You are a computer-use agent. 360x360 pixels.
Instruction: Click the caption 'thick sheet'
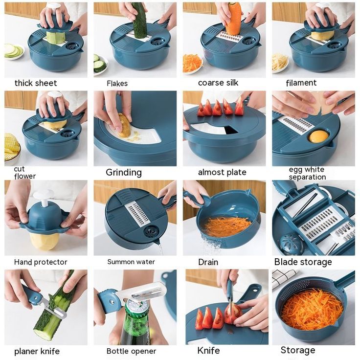pyautogui.click(x=36, y=83)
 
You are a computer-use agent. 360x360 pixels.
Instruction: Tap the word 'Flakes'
pyautogui.click(x=117, y=83)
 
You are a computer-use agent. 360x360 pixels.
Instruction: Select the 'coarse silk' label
pyautogui.click(x=218, y=83)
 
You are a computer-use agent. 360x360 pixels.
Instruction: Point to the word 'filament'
pyautogui.click(x=301, y=83)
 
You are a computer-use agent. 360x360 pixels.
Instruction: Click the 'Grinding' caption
pyautogui.click(x=124, y=173)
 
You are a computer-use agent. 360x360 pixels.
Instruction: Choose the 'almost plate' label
pyautogui.click(x=222, y=172)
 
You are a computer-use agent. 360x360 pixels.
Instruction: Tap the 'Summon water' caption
pyautogui.click(x=131, y=262)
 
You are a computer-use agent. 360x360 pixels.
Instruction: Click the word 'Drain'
pyautogui.click(x=208, y=262)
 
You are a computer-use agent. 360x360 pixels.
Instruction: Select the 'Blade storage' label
pyautogui.click(x=303, y=262)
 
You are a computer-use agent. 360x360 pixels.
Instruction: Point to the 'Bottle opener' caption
pyautogui.click(x=131, y=351)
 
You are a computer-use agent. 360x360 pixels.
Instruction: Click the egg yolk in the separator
pyautogui.click(x=318, y=136)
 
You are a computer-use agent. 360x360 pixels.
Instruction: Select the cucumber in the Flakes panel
pyautogui.click(x=139, y=20)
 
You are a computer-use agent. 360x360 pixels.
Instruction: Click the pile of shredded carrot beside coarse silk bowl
pyautogui.click(x=192, y=63)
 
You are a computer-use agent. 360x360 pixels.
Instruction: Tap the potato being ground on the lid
pyautogui.click(x=124, y=126)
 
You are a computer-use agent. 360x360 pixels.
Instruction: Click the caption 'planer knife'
pyautogui.click(x=37, y=352)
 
